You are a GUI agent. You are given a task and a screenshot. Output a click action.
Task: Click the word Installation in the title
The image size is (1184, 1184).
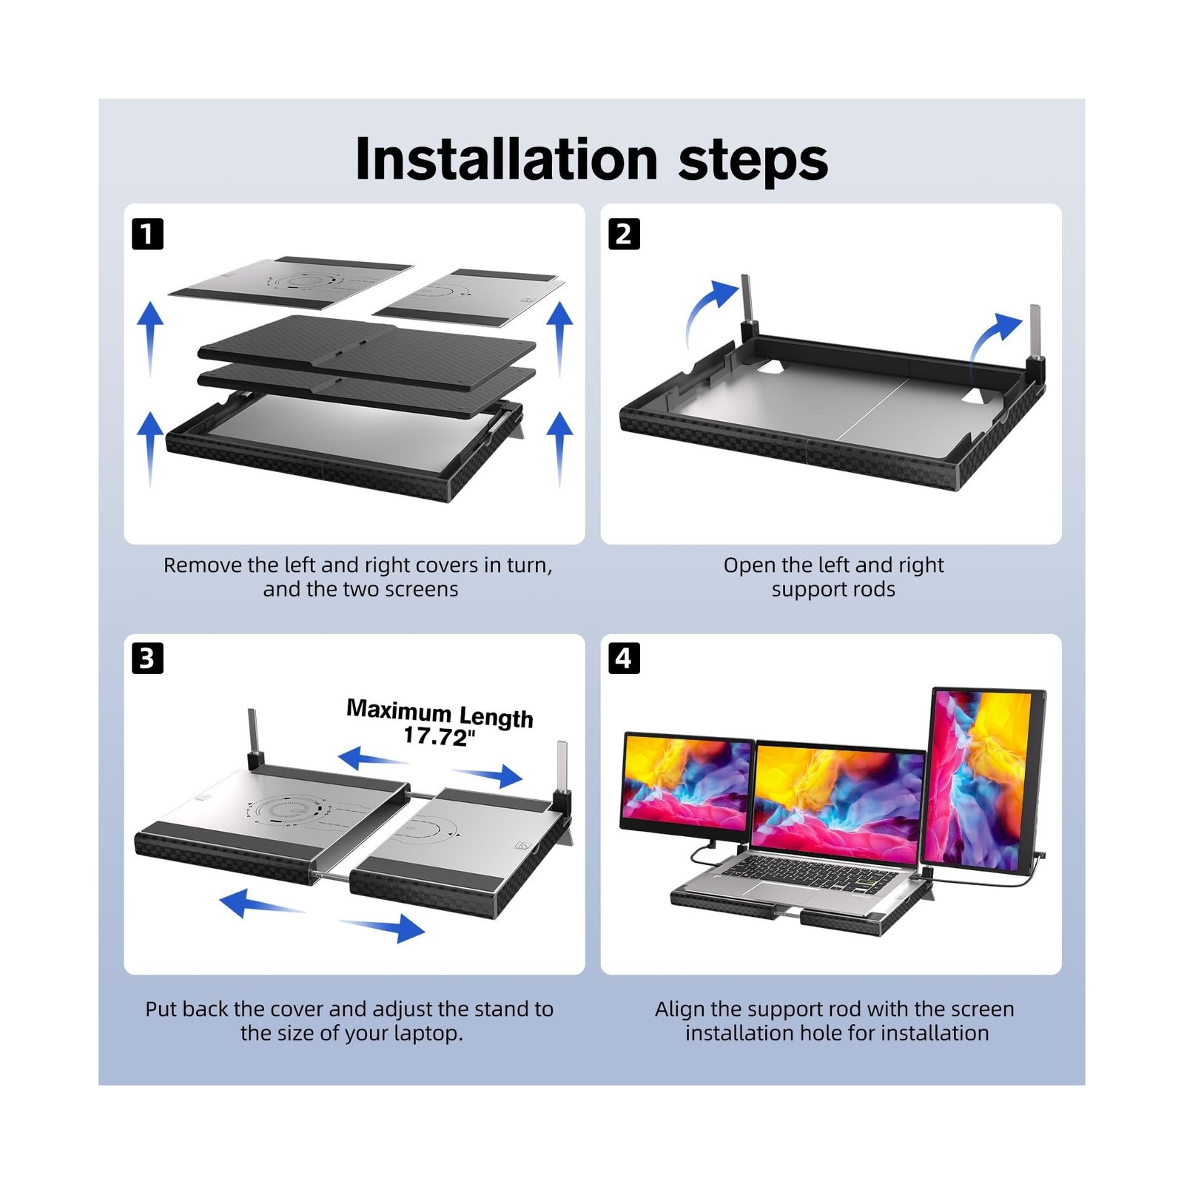click(506, 159)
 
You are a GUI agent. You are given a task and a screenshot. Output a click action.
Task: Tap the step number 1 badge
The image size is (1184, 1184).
click(147, 234)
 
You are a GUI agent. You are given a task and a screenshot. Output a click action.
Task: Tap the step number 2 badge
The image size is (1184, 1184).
click(624, 234)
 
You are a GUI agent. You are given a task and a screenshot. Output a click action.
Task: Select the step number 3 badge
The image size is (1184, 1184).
click(147, 658)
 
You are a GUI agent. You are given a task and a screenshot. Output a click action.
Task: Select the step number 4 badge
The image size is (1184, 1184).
click(624, 658)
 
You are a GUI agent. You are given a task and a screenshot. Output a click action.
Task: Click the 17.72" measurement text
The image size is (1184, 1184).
click(439, 736)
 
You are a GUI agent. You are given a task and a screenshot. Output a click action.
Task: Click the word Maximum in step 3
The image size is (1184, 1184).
click(398, 710)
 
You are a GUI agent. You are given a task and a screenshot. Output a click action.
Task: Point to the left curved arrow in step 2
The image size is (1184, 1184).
click(707, 311)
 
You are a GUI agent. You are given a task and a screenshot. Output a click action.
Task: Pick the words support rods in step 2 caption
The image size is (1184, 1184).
click(833, 590)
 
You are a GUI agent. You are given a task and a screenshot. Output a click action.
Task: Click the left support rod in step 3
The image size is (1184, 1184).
click(252, 733)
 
